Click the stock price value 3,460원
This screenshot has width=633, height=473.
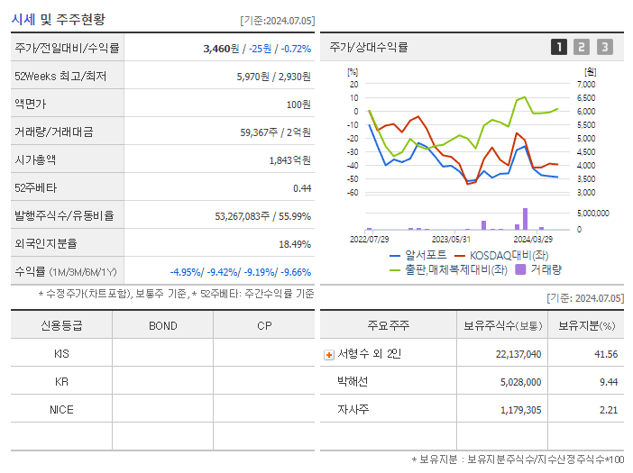[222, 49]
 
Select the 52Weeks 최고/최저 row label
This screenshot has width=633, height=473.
[60, 77]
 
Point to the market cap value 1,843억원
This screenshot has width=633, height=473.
[289, 160]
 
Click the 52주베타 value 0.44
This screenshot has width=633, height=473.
[301, 188]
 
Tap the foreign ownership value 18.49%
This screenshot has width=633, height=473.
[295, 244]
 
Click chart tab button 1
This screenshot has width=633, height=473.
[559, 47]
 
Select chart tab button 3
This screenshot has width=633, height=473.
[604, 47]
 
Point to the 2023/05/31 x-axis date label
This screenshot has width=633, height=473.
[451, 239]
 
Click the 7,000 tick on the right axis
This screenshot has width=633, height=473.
[586, 84]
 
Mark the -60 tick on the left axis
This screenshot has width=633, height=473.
[353, 193]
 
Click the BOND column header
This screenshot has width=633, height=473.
[162, 325]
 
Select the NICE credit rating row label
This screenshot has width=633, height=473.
[61, 409]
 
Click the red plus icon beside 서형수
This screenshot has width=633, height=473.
[329, 355]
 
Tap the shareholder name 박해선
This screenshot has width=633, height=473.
[353, 382]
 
